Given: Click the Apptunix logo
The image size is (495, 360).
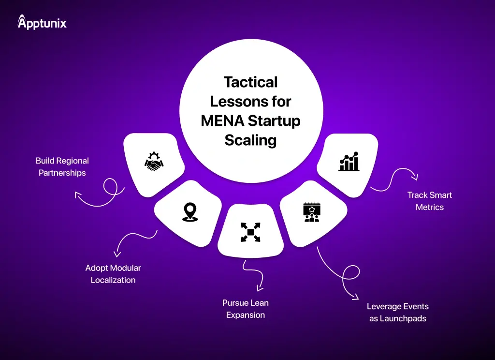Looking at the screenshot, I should (42, 22).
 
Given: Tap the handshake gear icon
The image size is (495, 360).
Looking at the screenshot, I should (154, 161).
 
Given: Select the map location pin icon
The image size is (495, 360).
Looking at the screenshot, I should (189, 212).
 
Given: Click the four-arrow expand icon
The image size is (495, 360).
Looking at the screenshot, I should (250, 232).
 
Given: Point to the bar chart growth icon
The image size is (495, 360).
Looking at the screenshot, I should (349, 161).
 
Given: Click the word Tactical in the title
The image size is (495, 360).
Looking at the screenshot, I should (251, 82).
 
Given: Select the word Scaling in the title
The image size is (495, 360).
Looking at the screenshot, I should (250, 140).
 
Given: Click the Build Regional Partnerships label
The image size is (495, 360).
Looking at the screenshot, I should (62, 166).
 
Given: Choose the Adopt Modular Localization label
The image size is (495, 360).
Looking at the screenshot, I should (113, 274).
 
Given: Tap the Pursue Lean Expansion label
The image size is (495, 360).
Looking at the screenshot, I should (246, 309).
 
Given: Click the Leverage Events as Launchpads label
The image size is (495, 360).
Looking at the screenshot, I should (397, 313).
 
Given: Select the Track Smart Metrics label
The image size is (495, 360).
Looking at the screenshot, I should (429, 201).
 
